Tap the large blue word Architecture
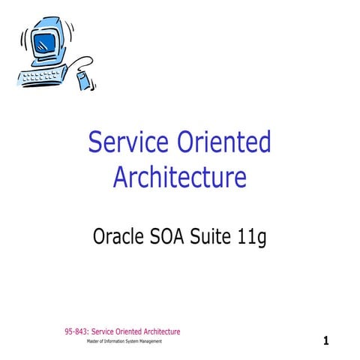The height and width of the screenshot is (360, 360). (x=179, y=177)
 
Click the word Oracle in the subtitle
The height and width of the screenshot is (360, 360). (x=119, y=238)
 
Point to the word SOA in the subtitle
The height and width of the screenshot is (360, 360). (x=173, y=238)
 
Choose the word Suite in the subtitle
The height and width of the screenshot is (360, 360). (x=217, y=238)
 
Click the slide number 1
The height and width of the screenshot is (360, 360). (x=326, y=341)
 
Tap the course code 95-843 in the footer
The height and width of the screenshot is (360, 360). (x=76, y=331)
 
